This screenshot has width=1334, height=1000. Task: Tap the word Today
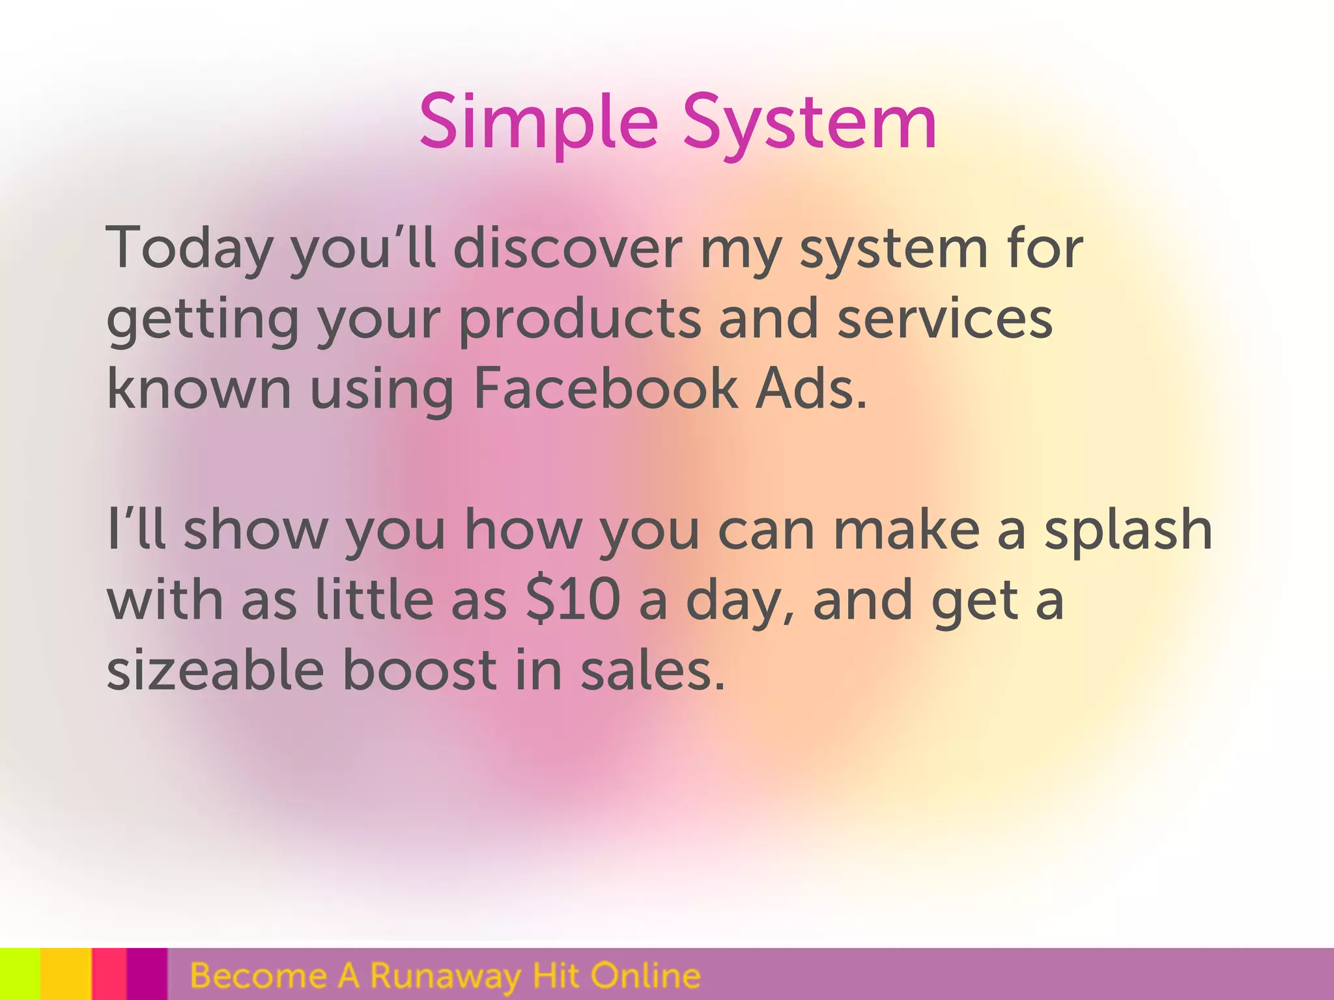[189, 247]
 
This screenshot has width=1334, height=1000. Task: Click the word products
[580, 320]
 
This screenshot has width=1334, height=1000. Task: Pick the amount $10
[573, 600]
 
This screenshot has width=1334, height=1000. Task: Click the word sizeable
[215, 671]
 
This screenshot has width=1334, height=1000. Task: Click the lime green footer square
[20, 974]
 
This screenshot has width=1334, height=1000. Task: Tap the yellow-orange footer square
[65, 974]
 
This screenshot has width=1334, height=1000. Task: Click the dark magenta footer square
[147, 974]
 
